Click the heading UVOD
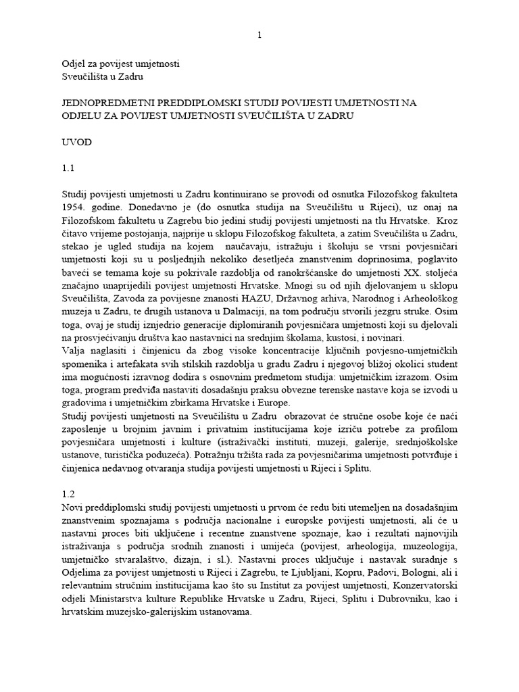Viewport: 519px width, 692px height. pyautogui.click(x=75, y=143)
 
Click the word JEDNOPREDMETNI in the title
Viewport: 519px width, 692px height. pyautogui.click(x=108, y=103)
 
